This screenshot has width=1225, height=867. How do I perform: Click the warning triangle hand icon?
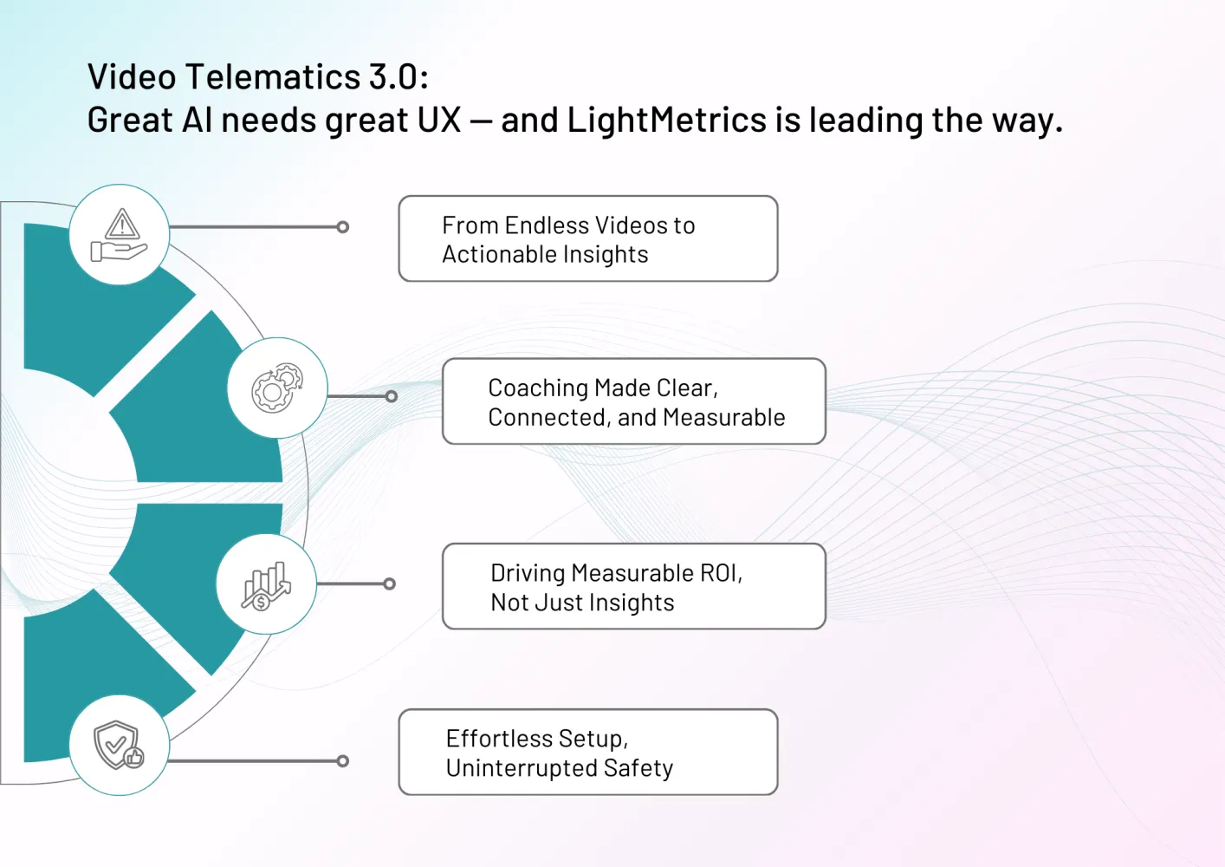[120, 235]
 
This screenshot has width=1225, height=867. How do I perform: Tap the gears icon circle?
[277, 388]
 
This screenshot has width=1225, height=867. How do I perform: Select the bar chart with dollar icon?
[266, 586]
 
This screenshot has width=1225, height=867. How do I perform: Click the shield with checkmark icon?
[119, 745]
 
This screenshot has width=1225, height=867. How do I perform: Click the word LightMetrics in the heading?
[666, 120]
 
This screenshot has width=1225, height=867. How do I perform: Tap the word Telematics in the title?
[272, 76]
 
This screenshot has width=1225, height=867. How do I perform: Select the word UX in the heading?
[439, 120]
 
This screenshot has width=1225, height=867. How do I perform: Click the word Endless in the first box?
[547, 225]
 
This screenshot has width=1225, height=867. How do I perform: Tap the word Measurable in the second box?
[724, 418]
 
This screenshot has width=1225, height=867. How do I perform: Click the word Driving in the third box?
[528, 574]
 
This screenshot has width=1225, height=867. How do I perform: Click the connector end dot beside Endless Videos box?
[343, 227]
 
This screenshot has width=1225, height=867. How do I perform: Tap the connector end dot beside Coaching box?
[391, 396]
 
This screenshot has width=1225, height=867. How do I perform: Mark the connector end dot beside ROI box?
[389, 584]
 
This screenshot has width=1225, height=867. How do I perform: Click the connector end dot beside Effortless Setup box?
[343, 761]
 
